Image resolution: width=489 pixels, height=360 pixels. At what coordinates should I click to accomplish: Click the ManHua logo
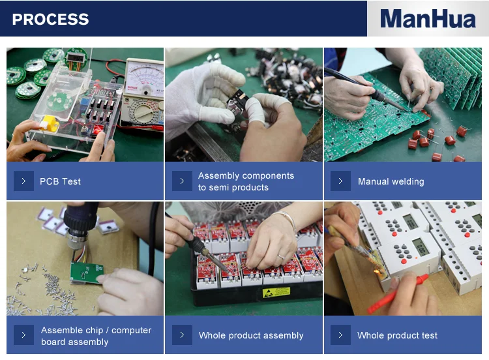pyautogui.click(x=428, y=19)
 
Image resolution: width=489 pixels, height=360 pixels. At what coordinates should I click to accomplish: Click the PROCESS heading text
pyautogui.click(x=50, y=20)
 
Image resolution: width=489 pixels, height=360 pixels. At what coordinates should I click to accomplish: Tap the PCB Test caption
pyautogui.click(x=60, y=181)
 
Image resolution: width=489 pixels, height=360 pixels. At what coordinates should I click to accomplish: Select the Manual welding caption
pyautogui.click(x=391, y=181)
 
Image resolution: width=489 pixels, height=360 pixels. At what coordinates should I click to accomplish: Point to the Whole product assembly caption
pyautogui.click(x=251, y=335)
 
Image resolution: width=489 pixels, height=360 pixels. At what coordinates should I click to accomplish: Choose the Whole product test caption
pyautogui.click(x=397, y=335)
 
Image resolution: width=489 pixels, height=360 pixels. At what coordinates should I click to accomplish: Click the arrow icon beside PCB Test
pyautogui.click(x=23, y=181)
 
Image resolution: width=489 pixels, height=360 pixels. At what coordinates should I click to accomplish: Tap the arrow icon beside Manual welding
pyautogui.click(x=340, y=181)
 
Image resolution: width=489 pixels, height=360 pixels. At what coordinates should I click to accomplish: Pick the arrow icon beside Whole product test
pyautogui.click(x=340, y=335)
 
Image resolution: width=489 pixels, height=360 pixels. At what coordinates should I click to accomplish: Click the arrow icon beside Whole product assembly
pyautogui.click(x=182, y=335)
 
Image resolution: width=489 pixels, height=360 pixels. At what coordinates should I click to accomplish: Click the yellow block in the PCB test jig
pyautogui.click(x=50, y=123)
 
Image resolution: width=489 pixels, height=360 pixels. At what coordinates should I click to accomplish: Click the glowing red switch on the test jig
pyautogui.click(x=98, y=128)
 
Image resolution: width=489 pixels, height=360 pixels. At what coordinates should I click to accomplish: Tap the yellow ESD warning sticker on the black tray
pyautogui.click(x=276, y=292)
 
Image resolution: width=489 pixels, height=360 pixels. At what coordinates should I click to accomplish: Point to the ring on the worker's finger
pyautogui.click(x=281, y=257)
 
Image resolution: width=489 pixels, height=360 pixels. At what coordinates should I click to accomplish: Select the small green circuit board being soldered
pyautogui.click(x=86, y=273)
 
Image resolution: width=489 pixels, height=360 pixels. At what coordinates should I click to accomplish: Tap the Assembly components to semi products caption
pyautogui.click(x=246, y=181)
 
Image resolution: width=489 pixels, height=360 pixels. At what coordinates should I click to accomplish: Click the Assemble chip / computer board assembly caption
pyautogui.click(x=96, y=336)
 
